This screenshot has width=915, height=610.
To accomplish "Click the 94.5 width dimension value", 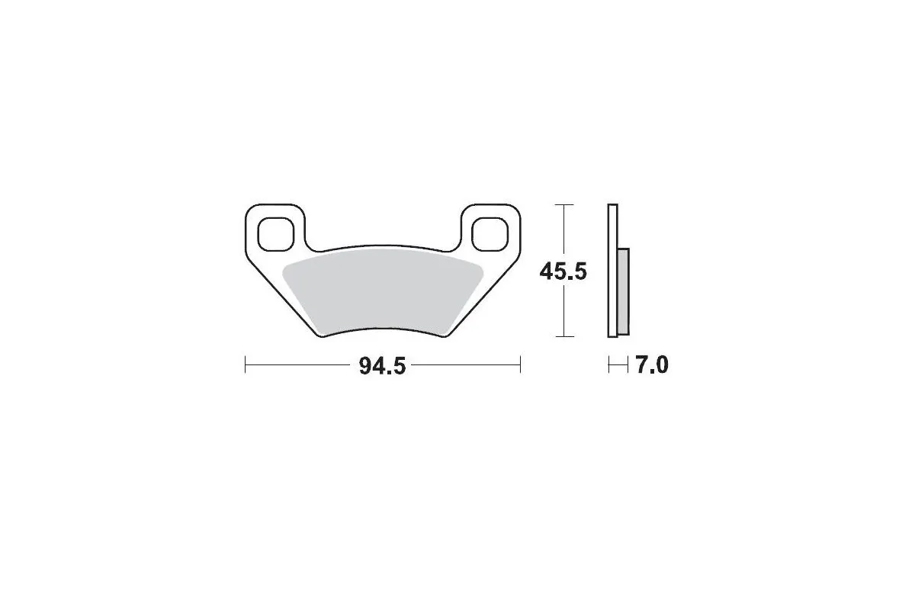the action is pos(382,366).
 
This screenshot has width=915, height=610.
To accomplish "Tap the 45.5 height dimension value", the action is pos(563,271).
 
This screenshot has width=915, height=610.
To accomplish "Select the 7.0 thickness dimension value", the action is pos(652,364).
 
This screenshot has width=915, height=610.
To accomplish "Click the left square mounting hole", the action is pos(276,234).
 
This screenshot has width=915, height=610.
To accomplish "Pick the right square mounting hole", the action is pos(490,234).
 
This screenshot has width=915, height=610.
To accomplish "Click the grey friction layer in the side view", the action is pos(624,292).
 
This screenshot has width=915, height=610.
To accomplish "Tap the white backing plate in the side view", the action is pos(613,271).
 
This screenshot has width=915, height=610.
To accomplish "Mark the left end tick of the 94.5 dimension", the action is pos(245,364).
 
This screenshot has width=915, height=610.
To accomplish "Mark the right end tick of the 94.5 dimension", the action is pos(520,364).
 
